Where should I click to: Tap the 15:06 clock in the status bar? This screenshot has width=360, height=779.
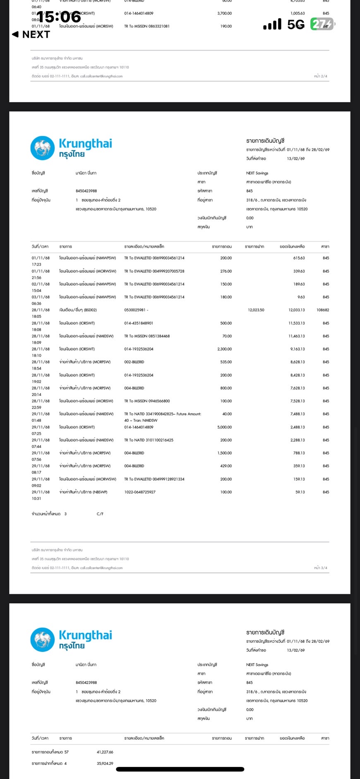59,17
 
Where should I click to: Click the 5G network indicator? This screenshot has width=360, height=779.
296,25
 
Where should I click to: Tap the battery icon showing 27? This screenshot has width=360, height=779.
322,24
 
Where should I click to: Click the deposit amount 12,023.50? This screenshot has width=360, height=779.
256,310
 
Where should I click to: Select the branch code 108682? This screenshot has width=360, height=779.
323,310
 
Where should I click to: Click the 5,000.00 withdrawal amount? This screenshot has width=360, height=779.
224,427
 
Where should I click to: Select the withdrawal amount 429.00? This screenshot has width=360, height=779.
226,466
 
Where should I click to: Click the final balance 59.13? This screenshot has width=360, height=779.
300,492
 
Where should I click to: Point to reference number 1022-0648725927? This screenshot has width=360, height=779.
140,492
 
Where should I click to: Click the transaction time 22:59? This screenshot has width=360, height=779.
36,408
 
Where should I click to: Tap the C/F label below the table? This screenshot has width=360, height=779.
100,514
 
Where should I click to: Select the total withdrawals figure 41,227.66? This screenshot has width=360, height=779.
105,752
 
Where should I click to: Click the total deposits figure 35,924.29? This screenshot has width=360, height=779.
105,764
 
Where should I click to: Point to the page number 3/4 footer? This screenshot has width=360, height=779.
320,568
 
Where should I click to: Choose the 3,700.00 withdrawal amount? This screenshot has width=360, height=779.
224,14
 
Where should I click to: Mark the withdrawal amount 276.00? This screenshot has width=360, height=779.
226,272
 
